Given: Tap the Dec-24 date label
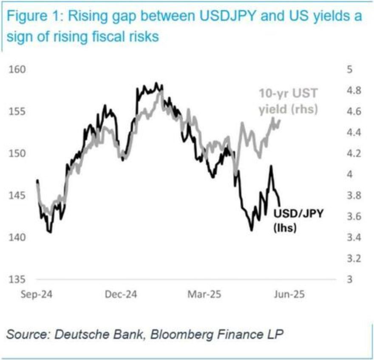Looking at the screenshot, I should (120, 294).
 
